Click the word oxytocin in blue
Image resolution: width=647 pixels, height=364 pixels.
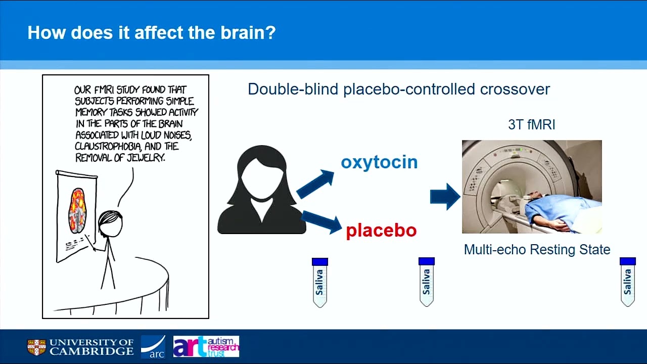click(379, 162)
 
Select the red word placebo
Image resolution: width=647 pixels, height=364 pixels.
click(381, 231)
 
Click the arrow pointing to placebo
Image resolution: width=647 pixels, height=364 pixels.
click(321, 221)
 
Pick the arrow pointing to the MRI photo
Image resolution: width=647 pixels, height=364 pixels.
click(444, 197)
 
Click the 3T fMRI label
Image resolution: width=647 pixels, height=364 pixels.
click(531, 125)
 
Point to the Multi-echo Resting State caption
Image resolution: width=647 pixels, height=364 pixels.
click(537, 249)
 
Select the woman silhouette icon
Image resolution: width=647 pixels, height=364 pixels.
click(261, 191)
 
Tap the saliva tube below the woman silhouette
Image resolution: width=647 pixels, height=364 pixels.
click(320, 282)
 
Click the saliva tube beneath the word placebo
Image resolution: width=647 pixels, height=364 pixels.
click(427, 282)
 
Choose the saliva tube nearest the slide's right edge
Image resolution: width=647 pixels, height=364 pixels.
click(627, 282)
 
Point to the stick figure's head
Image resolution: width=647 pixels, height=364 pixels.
click(110, 224)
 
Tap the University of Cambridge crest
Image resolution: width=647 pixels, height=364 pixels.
click(36, 347)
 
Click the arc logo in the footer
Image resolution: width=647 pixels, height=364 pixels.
click(153, 347)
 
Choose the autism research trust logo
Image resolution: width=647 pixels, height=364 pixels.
click(206, 347)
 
